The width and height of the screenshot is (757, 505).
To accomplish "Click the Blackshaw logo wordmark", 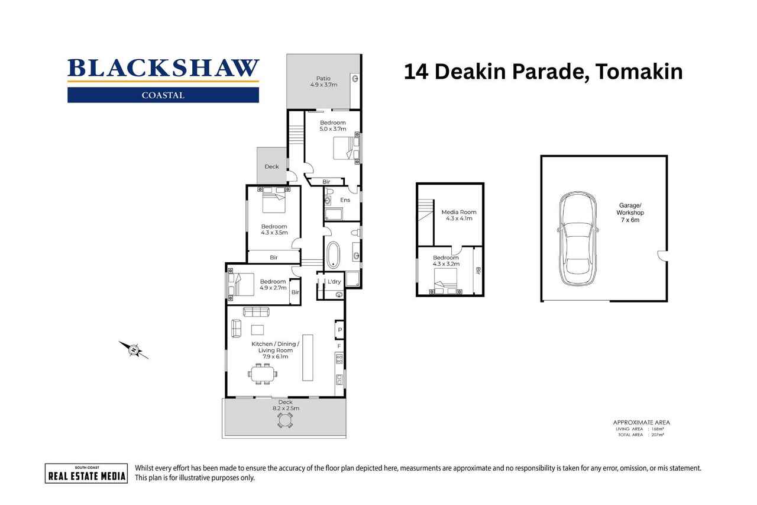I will tap(163, 69).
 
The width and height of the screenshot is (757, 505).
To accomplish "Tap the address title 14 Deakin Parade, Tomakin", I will tap(543, 72).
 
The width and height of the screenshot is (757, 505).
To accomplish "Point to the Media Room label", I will tap(458, 215).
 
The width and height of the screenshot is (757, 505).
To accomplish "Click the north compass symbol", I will tap(134, 349).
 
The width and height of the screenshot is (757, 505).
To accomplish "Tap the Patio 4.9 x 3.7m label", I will tap(323, 82).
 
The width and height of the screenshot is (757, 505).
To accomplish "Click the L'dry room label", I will tap(334, 282).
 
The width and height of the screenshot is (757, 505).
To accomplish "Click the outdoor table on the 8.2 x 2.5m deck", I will tap(285, 419).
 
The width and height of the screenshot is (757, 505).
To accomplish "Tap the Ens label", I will tap(345, 200).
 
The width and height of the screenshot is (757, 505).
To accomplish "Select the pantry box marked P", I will tap(339, 330).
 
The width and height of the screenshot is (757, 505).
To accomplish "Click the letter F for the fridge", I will tap(339, 346).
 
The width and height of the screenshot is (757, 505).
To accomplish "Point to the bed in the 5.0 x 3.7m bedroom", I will tap(343, 148).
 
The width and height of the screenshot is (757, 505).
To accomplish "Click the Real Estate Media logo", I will tap(86, 472).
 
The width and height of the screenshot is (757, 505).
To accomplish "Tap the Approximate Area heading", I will tap(641, 422).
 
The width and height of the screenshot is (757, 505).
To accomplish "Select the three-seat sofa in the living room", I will tap(256, 311).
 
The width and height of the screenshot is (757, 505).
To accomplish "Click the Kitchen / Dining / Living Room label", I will tap(275, 350).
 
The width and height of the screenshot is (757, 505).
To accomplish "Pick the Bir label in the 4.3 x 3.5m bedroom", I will tap(274, 258).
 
